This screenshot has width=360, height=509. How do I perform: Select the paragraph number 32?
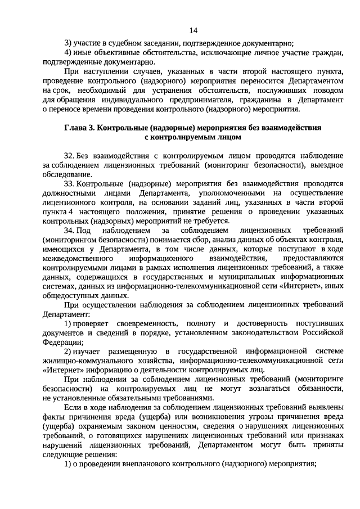[x=70, y=155]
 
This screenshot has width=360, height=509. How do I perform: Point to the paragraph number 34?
[x=70, y=231]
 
